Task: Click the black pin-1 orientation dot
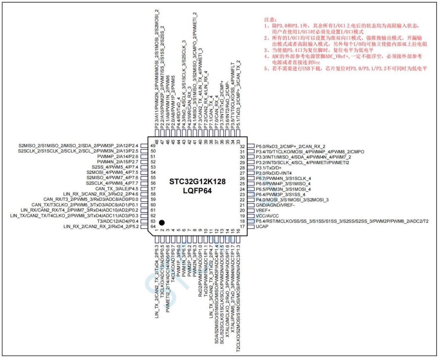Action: pos(162,222)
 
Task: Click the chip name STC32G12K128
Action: pos(197,182)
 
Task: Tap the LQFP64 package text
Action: pos(197,191)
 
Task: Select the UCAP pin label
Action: pos(262,226)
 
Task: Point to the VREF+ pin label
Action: pos(263,210)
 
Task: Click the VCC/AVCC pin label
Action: pos(267,216)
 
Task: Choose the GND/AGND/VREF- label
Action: pos(275,205)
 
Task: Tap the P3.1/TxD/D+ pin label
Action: pos(268,168)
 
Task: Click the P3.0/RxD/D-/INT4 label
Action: pos(274,173)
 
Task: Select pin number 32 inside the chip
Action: pos(242,147)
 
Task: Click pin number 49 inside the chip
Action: pos(153,145)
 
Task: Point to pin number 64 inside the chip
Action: pos(153,226)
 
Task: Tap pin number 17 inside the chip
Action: pos(242,226)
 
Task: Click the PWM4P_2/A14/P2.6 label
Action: pos(118,156)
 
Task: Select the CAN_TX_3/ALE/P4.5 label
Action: pos(117,189)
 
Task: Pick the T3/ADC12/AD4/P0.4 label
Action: pos(118,221)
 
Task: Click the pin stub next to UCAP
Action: pos(250,226)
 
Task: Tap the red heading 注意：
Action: pos(270,20)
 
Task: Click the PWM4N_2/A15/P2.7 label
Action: pos(118,162)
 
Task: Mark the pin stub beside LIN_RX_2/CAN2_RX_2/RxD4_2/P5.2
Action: pos(144,226)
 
